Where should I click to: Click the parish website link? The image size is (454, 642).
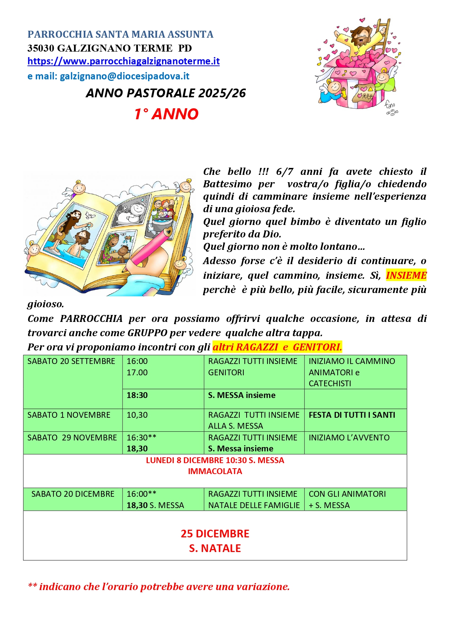tap(123, 61)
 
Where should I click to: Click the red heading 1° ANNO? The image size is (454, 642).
tap(166, 114)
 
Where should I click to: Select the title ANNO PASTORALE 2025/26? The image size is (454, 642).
tap(166, 93)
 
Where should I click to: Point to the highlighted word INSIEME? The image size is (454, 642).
tap(406, 275)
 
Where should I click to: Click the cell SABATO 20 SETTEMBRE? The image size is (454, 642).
tap(71, 361)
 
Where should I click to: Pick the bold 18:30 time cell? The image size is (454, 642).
tap(137, 395)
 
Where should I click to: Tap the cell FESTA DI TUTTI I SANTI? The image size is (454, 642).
tap(352, 415)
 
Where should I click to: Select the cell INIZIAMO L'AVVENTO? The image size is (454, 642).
tap(349, 438)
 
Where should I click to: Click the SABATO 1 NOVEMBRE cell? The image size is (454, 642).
tap(69, 415)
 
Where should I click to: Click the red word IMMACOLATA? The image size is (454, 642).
tap(215, 472)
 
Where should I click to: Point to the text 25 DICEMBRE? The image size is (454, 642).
tap(215, 534)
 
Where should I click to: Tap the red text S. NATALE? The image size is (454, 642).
tap(215, 549)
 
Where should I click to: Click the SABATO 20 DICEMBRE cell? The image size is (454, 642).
tap(73, 494)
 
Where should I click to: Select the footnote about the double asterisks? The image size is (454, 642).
tap(159, 587)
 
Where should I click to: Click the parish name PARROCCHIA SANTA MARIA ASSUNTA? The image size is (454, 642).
tap(120, 34)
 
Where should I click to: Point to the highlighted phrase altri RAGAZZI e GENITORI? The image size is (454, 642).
tap(277, 347)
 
